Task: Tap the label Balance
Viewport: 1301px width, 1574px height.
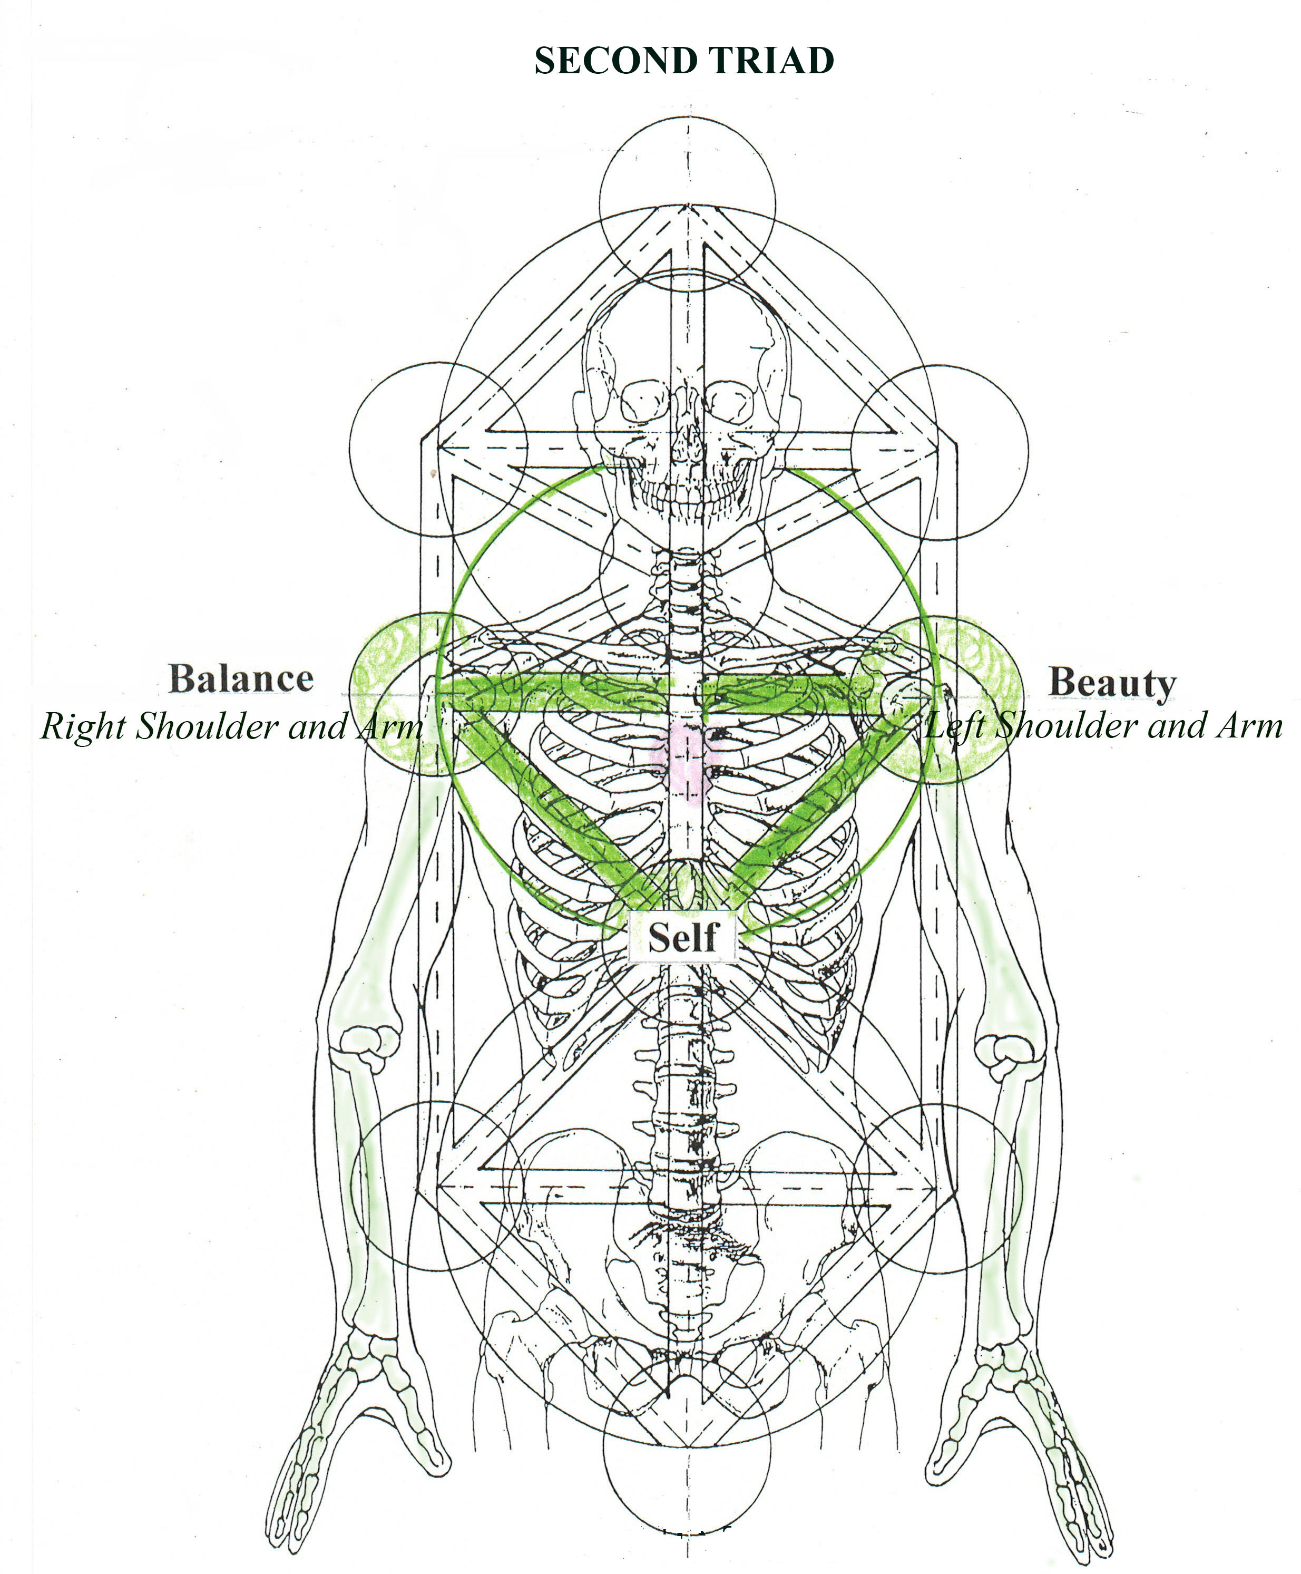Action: [x=241, y=678]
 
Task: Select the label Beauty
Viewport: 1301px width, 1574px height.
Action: [x=1111, y=683]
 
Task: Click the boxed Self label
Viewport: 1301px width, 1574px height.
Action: [x=682, y=937]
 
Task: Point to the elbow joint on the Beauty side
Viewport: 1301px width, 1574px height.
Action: [x=1008, y=1050]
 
